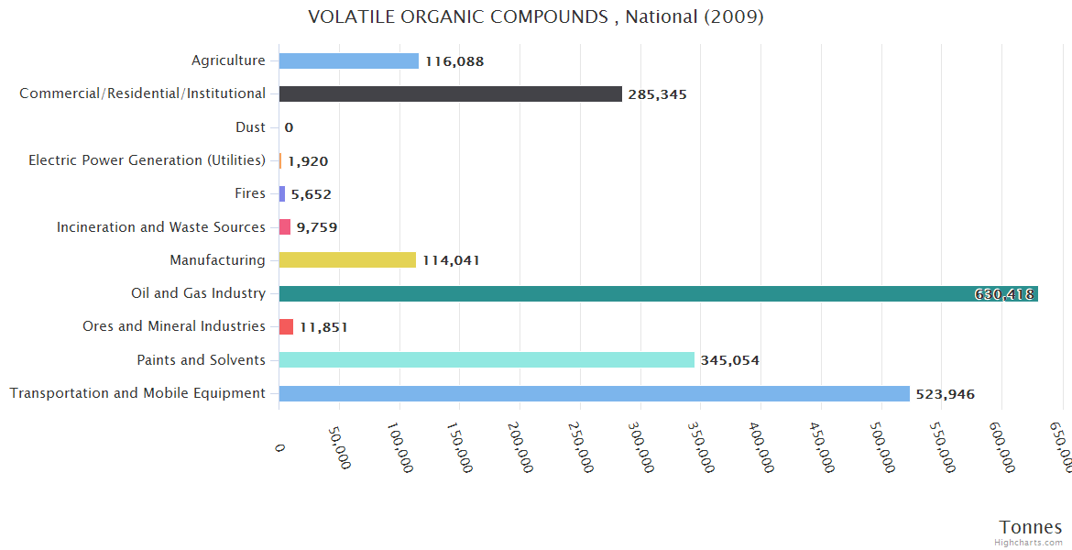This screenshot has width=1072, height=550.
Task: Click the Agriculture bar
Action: tap(348, 61)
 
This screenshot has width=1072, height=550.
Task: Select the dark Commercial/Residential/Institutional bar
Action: tap(450, 94)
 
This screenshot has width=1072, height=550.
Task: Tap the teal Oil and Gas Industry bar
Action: tap(641, 293)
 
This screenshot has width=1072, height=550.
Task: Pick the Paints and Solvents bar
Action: tap(486, 360)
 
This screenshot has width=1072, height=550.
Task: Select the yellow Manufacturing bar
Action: tap(347, 260)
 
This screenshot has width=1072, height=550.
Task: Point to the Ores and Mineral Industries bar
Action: tap(286, 327)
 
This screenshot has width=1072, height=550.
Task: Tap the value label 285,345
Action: tap(657, 94)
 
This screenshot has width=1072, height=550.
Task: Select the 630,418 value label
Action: tap(1004, 294)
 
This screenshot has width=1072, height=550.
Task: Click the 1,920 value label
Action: tap(308, 161)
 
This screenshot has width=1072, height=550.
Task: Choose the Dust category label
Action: tap(250, 127)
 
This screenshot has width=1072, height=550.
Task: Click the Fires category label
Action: tap(249, 193)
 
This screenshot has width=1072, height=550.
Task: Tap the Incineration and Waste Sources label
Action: tap(160, 226)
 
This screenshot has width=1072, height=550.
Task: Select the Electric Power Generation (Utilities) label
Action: tap(147, 160)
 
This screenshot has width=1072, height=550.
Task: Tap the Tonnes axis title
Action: tap(1030, 527)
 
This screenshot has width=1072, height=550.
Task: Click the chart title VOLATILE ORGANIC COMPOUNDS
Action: tap(535, 17)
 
